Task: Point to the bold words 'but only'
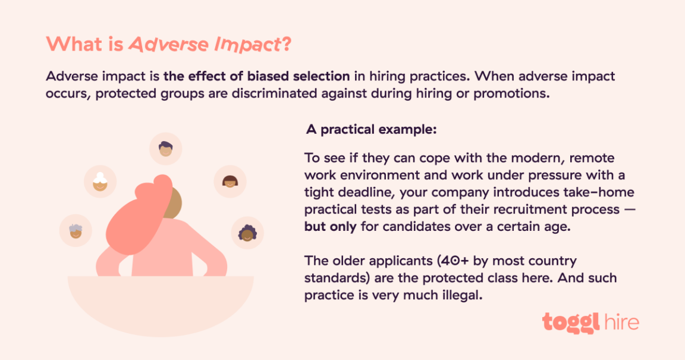pos(329,227)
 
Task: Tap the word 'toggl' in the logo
pos(570,322)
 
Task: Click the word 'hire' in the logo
pos(620,322)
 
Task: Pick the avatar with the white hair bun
pos(100,181)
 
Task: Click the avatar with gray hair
pos(76,230)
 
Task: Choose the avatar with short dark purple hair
pos(165,149)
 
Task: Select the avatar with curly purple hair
pos(247,232)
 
